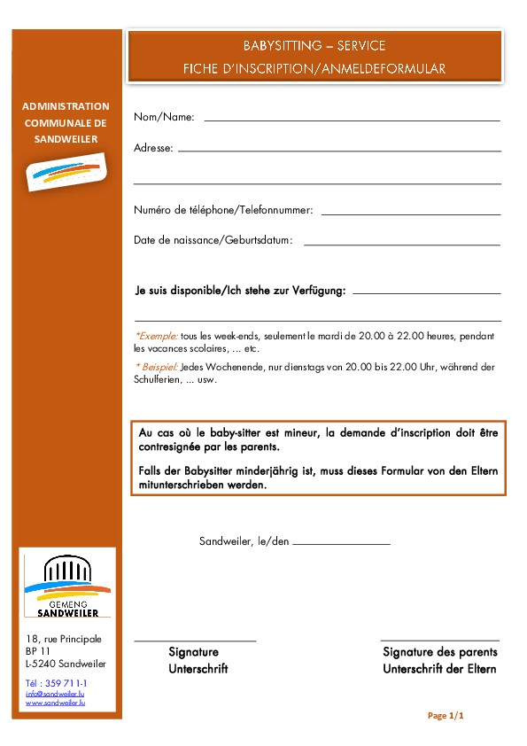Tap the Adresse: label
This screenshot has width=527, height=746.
tap(153, 148)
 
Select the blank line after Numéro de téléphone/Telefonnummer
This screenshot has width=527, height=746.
tap(411, 214)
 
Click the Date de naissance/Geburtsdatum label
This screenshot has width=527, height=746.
tap(213, 240)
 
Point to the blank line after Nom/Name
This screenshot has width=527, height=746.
tap(352, 119)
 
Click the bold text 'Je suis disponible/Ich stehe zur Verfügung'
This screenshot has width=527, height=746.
tap(240, 290)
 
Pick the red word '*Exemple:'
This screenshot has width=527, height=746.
tap(157, 336)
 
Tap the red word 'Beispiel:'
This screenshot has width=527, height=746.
tap(158, 367)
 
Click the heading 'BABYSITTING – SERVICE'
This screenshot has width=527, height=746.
tap(314, 46)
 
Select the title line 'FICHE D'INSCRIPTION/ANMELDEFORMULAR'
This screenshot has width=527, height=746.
tap(314, 68)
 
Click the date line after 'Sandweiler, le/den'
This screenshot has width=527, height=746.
tap(341, 542)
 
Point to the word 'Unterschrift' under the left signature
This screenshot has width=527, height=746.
tap(198, 669)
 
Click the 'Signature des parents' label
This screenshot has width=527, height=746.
tap(440, 652)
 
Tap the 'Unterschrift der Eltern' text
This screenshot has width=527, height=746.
tap(439, 669)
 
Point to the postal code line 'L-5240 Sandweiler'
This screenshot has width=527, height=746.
tap(66, 664)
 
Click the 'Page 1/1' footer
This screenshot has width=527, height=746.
tap(446, 715)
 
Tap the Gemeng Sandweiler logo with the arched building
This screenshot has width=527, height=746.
tap(67, 585)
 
